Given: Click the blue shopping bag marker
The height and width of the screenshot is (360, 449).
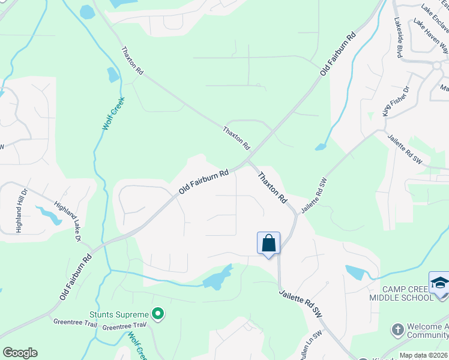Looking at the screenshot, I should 268,243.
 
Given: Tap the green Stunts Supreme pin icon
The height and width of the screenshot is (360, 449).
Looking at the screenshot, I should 158,313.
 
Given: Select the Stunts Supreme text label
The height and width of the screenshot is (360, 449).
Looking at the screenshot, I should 119,314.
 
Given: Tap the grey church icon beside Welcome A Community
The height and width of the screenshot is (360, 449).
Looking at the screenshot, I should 397,329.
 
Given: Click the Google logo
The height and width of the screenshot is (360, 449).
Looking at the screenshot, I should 20,353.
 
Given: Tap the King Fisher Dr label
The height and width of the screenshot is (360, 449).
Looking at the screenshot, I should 396,101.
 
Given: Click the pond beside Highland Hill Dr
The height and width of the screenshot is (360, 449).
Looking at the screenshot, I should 48,214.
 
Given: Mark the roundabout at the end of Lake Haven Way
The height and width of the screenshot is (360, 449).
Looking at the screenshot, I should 436,65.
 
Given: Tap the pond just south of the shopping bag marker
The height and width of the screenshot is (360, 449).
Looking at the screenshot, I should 217,277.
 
